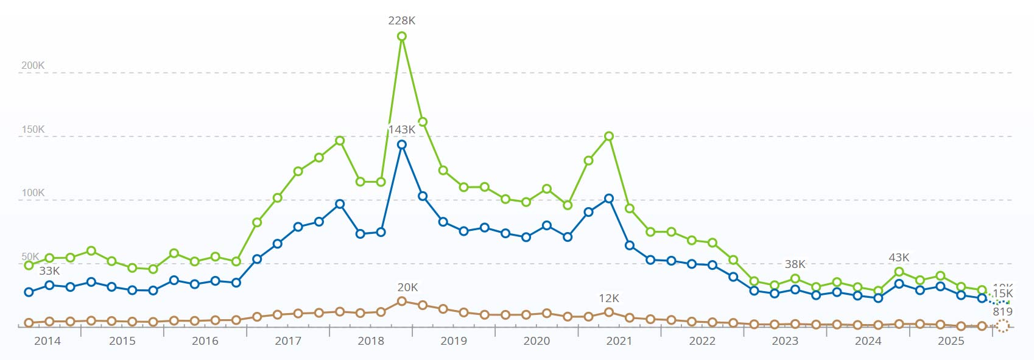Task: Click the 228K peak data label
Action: pyautogui.click(x=402, y=21)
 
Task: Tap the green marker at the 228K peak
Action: pyautogui.click(x=402, y=37)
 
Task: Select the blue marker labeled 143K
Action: pyautogui.click(x=402, y=145)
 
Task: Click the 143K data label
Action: pyautogui.click(x=402, y=130)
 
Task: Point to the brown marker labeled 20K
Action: pyautogui.click(x=402, y=302)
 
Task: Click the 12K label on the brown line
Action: pyautogui.click(x=609, y=298)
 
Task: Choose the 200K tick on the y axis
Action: pyautogui.click(x=33, y=66)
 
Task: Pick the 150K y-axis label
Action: pyautogui.click(x=33, y=130)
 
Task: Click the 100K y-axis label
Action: pyautogui.click(x=33, y=193)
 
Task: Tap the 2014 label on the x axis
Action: pyautogui.click(x=47, y=341)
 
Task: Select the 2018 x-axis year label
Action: pyautogui.click(x=371, y=341)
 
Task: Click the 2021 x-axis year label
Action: pyautogui.click(x=619, y=341)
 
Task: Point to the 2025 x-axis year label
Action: pyautogui.click(x=951, y=341)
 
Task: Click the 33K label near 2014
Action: pyautogui.click(x=49, y=271)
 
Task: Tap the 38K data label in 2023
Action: pyautogui.click(x=795, y=264)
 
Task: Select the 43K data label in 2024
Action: pyautogui.click(x=899, y=258)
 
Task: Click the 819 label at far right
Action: pyautogui.click(x=1002, y=312)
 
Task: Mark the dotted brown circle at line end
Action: pyautogui.click(x=1002, y=326)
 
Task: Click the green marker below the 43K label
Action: pyautogui.click(x=899, y=272)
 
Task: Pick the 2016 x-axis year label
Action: pyautogui.click(x=205, y=341)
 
